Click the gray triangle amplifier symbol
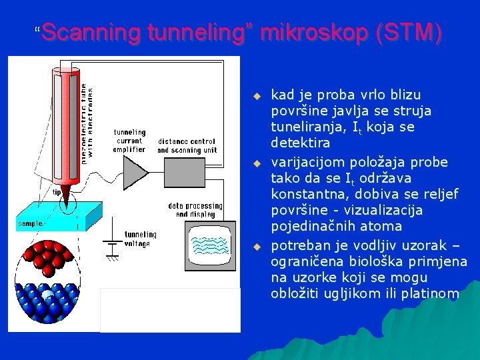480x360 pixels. tap(136, 174)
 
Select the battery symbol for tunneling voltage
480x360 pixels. tap(112, 248)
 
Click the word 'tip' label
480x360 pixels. tap(58, 192)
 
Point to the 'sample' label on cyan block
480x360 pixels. tap(31, 224)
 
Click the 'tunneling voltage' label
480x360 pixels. tap(140, 239)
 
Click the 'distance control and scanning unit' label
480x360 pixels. tap(186, 145)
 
